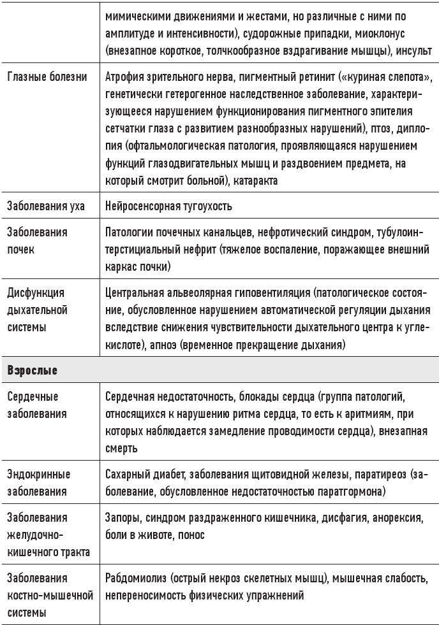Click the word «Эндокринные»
tap(38, 475)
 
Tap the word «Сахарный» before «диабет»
tap(127, 475)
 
